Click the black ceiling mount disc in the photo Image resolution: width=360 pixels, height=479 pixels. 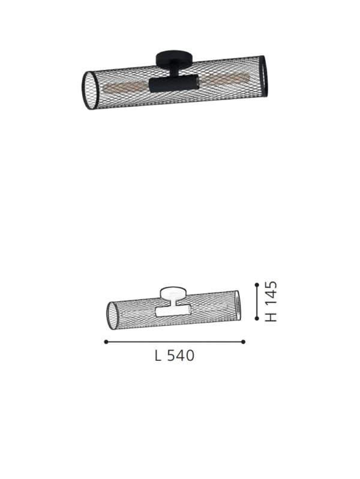[174, 59]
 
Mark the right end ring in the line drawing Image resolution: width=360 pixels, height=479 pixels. [239, 303]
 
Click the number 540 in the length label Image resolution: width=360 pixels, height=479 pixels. [180, 356]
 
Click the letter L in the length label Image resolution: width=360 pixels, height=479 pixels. [158, 356]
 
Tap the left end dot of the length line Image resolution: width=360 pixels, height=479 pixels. [106, 342]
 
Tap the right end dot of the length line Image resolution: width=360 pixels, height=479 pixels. [244, 342]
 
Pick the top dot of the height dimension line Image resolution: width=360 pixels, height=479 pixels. [256, 285]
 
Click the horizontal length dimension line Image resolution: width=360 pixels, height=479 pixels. [174, 342]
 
